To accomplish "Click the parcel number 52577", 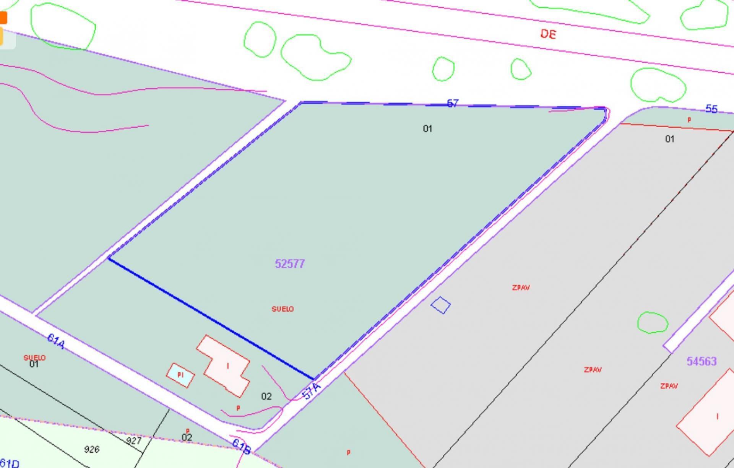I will click(290, 264).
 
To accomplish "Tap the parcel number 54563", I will click(701, 361).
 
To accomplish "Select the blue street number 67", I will click(452, 103).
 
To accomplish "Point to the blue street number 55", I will click(711, 109).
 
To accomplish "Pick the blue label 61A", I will click(56, 341).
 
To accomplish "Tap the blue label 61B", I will click(241, 447).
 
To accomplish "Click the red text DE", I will click(548, 34).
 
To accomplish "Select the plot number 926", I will click(92, 449).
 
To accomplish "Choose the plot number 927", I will click(134, 441).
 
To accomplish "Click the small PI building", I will click(180, 375).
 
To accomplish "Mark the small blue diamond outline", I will click(440, 305).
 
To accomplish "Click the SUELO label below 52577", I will click(283, 309).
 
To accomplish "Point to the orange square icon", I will click(3, 18).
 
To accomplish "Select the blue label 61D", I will click(10, 463).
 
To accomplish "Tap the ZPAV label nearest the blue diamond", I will click(521, 288).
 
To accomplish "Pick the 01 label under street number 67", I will click(427, 129).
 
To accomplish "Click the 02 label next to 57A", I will click(266, 396).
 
